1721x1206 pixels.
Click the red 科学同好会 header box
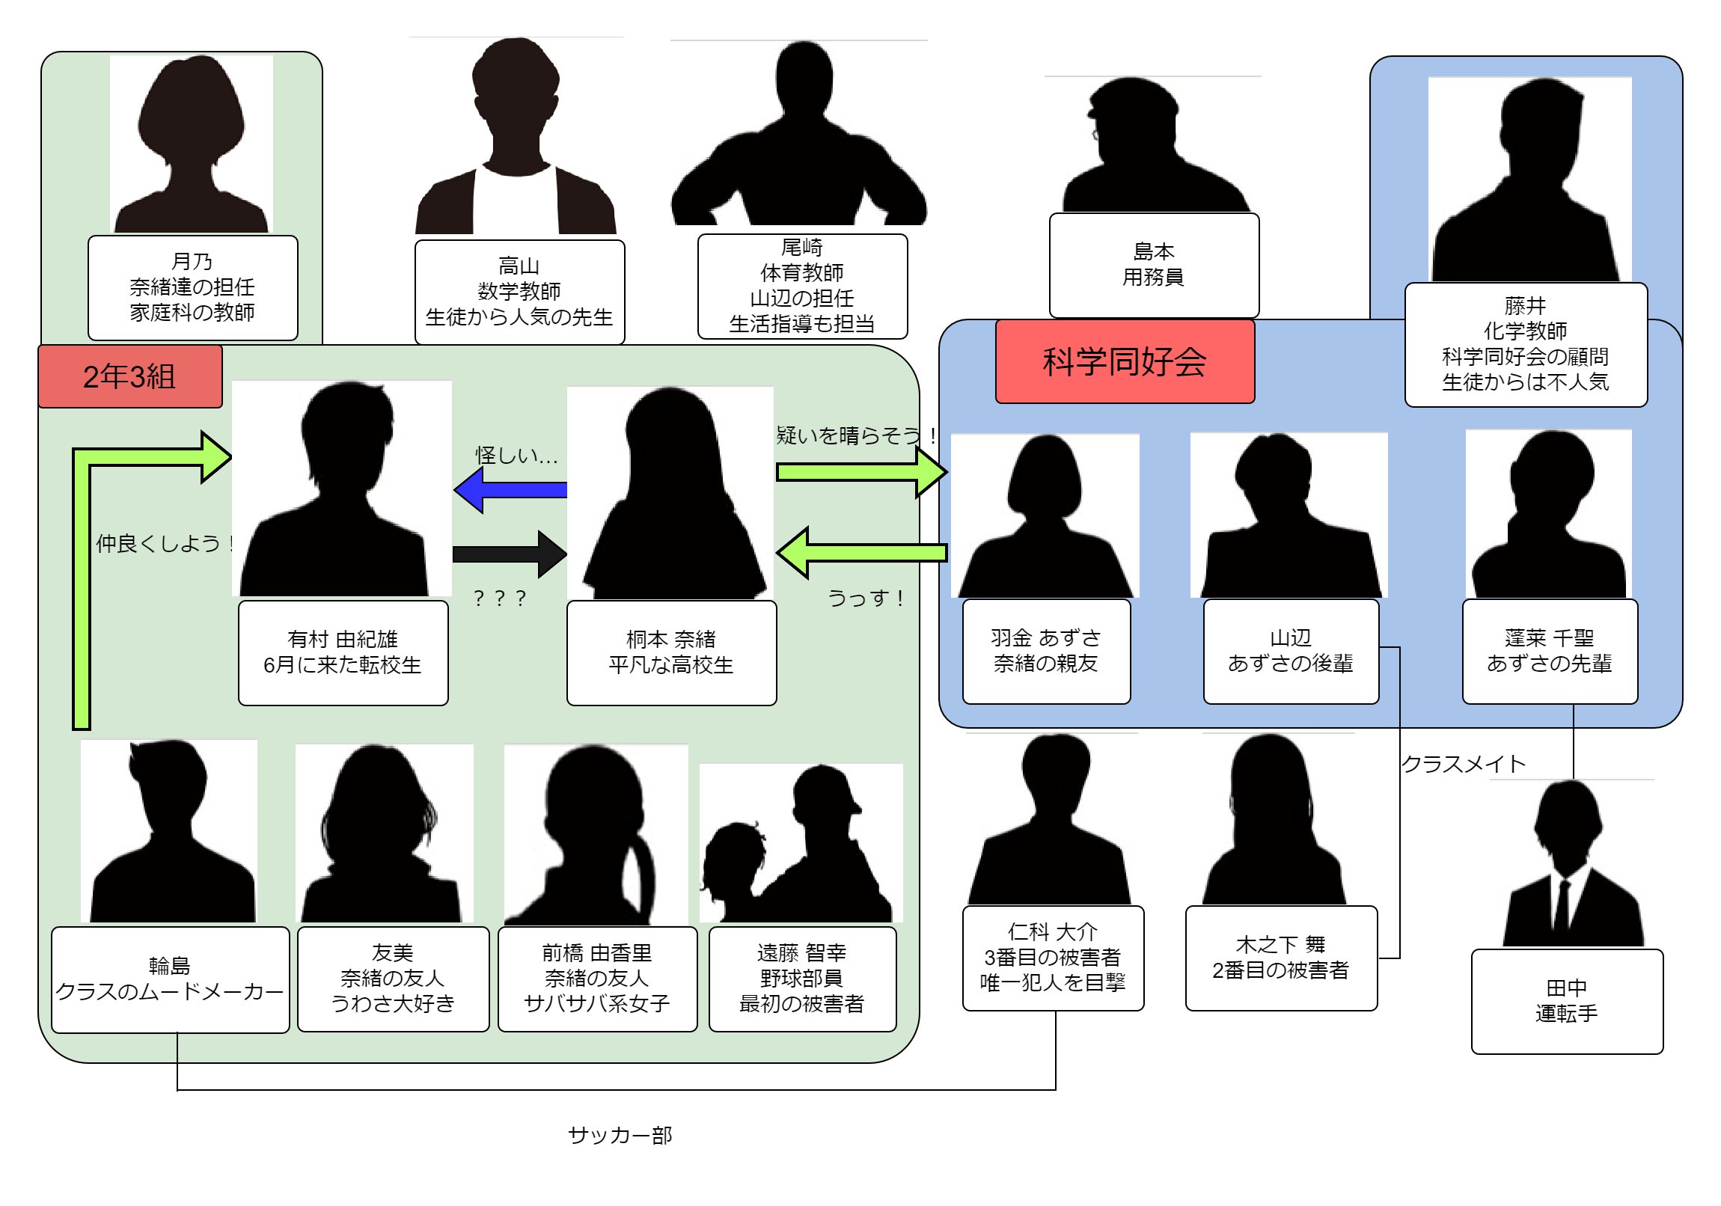tap(1125, 362)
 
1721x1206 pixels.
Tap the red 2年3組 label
tap(129, 376)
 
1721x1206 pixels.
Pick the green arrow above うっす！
tap(861, 553)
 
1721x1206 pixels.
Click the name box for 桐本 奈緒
tap(671, 653)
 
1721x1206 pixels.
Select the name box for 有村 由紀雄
tap(343, 653)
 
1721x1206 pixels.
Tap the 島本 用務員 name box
tap(1154, 266)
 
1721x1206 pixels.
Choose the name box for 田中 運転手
tap(1567, 1001)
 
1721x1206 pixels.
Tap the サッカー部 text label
tap(620, 1136)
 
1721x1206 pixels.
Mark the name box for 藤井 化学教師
tap(1526, 345)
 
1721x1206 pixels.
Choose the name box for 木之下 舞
tap(1280, 958)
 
